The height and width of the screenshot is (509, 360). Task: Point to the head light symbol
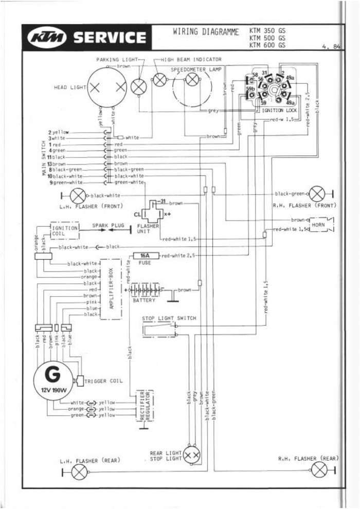[x=107, y=87]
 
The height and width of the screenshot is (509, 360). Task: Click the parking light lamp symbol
[x=138, y=87]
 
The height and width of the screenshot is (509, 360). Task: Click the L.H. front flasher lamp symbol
[x=78, y=195]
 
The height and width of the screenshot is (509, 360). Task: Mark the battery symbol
[x=145, y=290]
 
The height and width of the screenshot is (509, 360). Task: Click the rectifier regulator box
[x=146, y=406]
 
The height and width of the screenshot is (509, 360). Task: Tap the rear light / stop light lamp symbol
[x=193, y=454]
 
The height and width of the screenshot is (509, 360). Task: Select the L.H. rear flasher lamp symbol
[x=78, y=471]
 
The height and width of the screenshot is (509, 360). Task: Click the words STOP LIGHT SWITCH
[x=169, y=318]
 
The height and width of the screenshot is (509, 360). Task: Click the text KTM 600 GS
[x=267, y=45]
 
